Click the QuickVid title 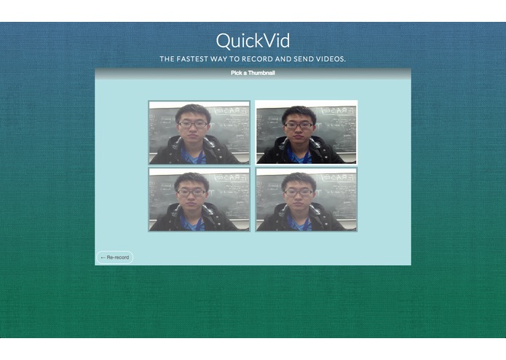tap(253, 41)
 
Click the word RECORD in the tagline tap(259, 59)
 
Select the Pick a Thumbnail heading tap(253, 73)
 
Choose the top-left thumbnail tap(199, 132)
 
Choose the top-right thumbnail tap(306, 132)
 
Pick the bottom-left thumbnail tap(199, 200)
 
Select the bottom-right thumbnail tap(306, 200)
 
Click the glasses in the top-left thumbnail tap(193, 125)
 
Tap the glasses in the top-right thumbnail tap(299, 125)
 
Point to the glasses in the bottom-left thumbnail tap(191, 192)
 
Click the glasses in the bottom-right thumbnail tap(299, 192)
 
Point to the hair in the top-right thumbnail tap(299, 113)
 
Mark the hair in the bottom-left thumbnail tap(191, 179)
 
